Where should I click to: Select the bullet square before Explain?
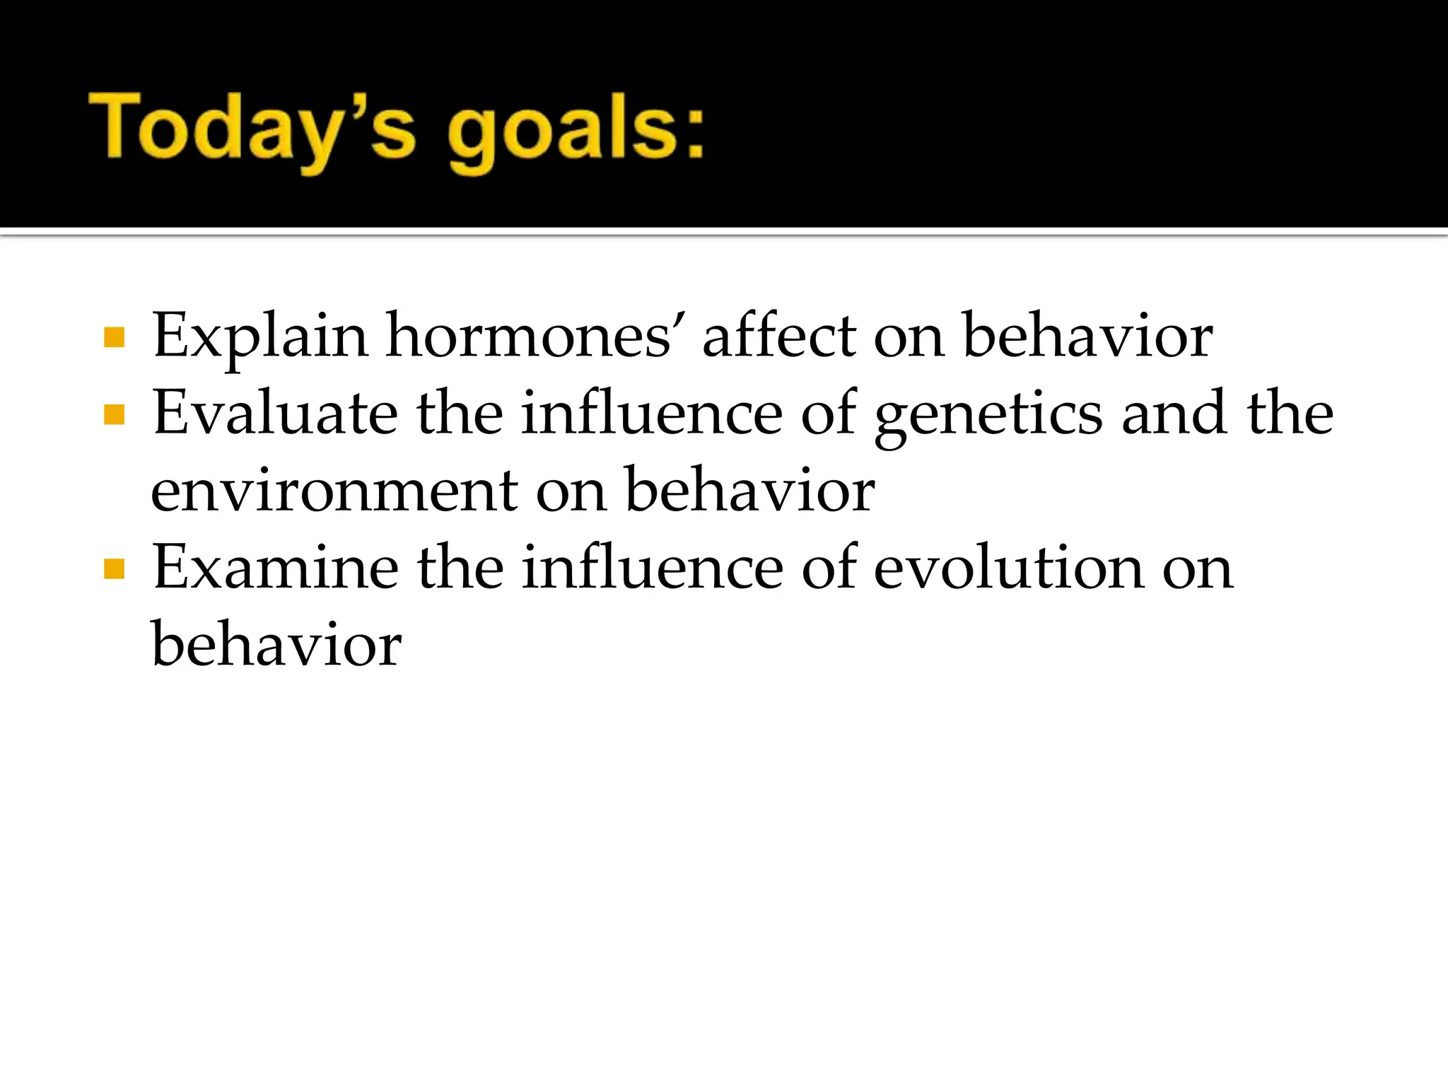point(114,337)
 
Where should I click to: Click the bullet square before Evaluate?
point(114,414)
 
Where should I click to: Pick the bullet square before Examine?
point(114,568)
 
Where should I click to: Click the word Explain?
point(259,337)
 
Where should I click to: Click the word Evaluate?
point(275,413)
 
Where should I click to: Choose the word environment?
point(334,491)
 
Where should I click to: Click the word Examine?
point(275,568)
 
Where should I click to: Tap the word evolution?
point(1009,568)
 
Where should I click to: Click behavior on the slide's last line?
point(276,645)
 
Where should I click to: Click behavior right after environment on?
point(749,490)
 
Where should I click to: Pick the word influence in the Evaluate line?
point(651,413)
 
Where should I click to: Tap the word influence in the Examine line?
point(651,568)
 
